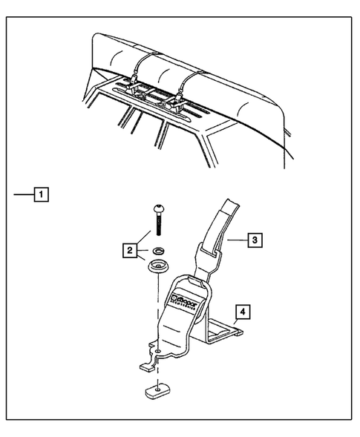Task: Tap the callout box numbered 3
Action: coord(254,240)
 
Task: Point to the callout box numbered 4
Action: coord(243,311)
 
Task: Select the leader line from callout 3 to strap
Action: coord(238,240)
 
